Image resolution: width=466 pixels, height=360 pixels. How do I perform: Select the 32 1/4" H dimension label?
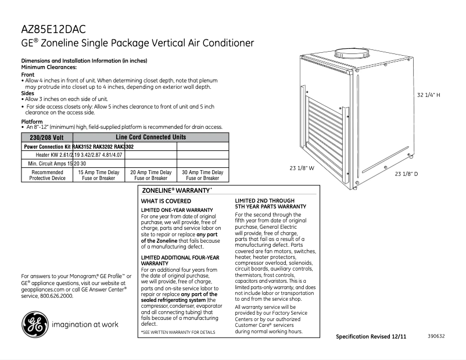point(429,95)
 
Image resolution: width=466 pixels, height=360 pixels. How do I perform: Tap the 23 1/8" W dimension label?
point(302,168)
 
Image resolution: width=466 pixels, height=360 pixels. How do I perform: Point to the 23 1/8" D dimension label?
point(406,174)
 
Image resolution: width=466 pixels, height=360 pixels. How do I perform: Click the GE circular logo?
point(35,324)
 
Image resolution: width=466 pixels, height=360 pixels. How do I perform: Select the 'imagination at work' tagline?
point(85,325)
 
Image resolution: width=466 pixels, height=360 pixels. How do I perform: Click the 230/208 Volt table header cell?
point(46,138)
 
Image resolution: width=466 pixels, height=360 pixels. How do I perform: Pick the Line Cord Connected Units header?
point(150,137)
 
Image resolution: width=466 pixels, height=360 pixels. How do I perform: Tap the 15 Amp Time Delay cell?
point(98,175)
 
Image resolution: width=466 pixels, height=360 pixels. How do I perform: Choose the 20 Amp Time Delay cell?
point(150,175)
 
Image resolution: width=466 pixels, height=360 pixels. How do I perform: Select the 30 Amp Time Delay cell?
point(203,175)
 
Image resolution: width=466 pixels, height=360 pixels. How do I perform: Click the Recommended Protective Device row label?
point(47,175)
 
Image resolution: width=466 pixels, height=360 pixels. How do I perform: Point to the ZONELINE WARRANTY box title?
point(177,190)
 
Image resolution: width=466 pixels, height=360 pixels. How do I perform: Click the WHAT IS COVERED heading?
point(166,201)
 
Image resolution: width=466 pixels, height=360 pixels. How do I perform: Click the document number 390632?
point(436,336)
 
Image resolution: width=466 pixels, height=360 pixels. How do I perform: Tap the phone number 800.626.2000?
point(55,296)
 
